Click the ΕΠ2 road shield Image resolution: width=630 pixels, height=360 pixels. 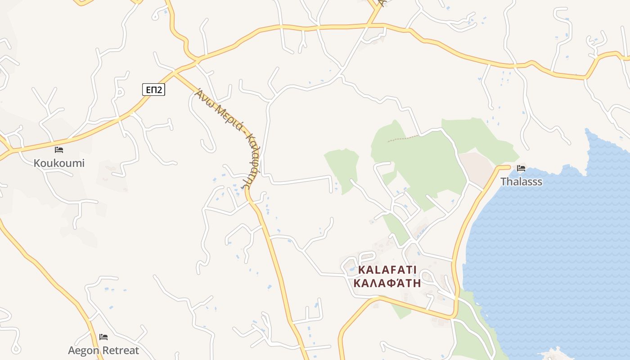154,90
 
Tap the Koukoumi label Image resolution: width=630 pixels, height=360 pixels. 59,163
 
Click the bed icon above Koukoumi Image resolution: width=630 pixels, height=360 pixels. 59,150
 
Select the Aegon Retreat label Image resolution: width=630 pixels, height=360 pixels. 103,350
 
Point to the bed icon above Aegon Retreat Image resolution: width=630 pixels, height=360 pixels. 103,337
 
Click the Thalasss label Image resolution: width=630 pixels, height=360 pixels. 521,182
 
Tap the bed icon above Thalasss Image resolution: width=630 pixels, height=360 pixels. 521,168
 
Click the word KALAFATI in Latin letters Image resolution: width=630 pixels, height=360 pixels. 387,270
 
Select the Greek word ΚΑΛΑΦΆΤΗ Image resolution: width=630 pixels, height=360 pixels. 387,283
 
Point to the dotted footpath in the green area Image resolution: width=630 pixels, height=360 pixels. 403,139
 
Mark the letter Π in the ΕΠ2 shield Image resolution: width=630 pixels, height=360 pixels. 153,90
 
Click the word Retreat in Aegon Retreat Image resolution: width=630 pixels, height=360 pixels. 121,350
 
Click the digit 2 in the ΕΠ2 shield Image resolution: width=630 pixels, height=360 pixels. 160,90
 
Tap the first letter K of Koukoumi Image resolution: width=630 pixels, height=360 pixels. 37,163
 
